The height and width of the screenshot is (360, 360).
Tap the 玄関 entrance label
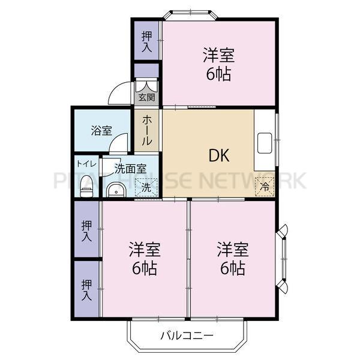click(146, 97)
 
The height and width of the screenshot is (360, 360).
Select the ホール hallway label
click(146, 130)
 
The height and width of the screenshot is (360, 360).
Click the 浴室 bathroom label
click(101, 130)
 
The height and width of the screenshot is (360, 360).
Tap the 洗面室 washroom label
click(130, 169)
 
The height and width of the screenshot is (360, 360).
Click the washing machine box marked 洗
click(146, 187)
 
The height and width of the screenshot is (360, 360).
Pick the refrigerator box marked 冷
click(265, 187)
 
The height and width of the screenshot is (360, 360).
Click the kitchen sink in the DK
click(265, 144)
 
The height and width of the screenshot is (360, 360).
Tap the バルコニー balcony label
click(186, 336)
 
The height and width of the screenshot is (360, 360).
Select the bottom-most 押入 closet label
click(87, 290)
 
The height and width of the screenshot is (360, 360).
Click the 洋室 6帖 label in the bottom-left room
click(144, 259)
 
